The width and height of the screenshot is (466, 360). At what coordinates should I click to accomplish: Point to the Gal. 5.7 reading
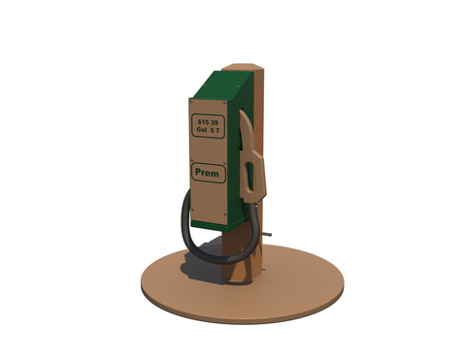[x=208, y=129]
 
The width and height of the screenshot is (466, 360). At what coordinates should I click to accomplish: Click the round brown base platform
[x=291, y=291]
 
